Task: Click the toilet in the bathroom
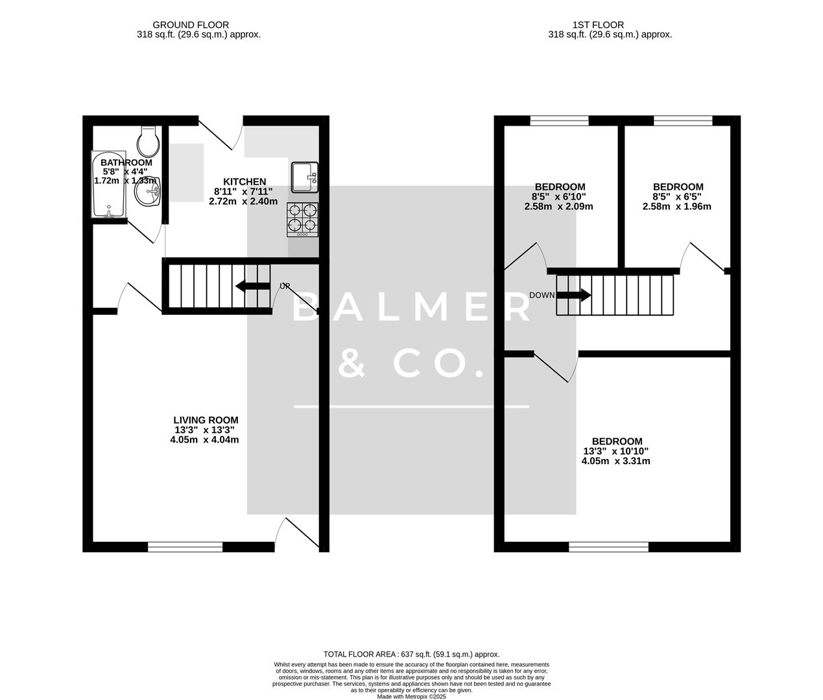[x=149, y=138]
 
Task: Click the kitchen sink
[x=304, y=177]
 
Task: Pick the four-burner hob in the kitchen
[x=302, y=219]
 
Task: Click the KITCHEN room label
[x=244, y=182]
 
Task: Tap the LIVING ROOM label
[x=205, y=420]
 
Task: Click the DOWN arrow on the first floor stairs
[x=574, y=296]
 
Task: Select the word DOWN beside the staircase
[x=542, y=296]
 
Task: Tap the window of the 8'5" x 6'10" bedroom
[x=559, y=121]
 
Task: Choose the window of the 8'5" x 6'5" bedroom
[x=682, y=121]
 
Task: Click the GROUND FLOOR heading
[x=198, y=25]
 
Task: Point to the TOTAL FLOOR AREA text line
[x=411, y=655]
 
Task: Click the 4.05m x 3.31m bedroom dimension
[x=615, y=461]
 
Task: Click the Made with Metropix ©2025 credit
[x=411, y=696]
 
